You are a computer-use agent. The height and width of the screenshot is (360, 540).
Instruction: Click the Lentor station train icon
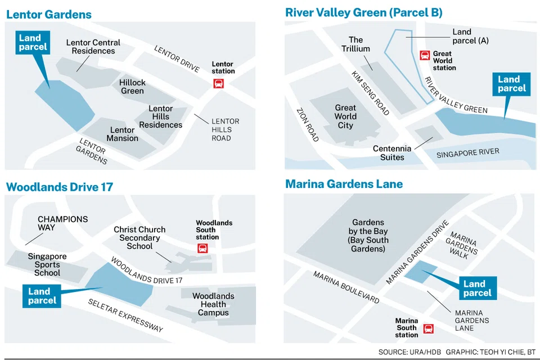point(218,83)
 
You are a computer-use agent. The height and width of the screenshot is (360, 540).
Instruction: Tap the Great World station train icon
point(425,55)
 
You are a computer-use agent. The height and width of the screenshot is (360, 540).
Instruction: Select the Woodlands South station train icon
point(202,248)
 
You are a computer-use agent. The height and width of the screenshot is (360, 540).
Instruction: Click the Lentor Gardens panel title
point(49,14)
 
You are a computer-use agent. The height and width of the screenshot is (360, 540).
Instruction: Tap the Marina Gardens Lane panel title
point(344,184)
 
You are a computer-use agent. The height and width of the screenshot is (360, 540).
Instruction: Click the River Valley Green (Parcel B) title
point(364,12)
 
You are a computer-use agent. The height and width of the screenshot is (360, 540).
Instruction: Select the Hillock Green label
point(132,87)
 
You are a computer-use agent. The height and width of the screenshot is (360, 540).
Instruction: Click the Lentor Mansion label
point(122,134)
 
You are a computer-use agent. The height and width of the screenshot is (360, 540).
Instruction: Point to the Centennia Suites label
point(392,153)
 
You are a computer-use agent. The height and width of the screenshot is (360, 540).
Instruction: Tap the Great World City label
point(345,116)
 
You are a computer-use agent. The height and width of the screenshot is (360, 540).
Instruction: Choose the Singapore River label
point(467,153)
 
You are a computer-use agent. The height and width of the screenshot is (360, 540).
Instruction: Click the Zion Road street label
point(308,124)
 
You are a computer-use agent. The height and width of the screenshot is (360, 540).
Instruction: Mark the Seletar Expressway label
point(125,315)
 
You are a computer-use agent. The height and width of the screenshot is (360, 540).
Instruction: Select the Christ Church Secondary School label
point(139,237)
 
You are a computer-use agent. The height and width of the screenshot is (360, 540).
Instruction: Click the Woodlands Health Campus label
point(213,304)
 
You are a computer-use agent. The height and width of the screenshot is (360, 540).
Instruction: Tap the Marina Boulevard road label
point(346,288)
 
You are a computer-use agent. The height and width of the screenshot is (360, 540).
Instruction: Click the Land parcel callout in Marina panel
point(478,288)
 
